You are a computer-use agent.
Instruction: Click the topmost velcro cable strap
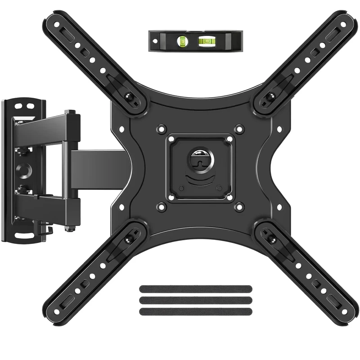coord(195,288)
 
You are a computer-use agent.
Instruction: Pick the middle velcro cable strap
coord(195,300)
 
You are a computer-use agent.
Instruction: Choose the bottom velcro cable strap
coord(195,311)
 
